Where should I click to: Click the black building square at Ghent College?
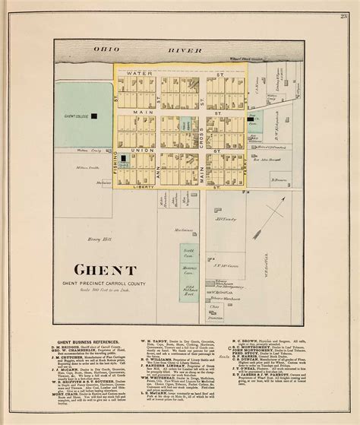coord(96,116)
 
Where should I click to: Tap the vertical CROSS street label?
coord(201,122)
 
